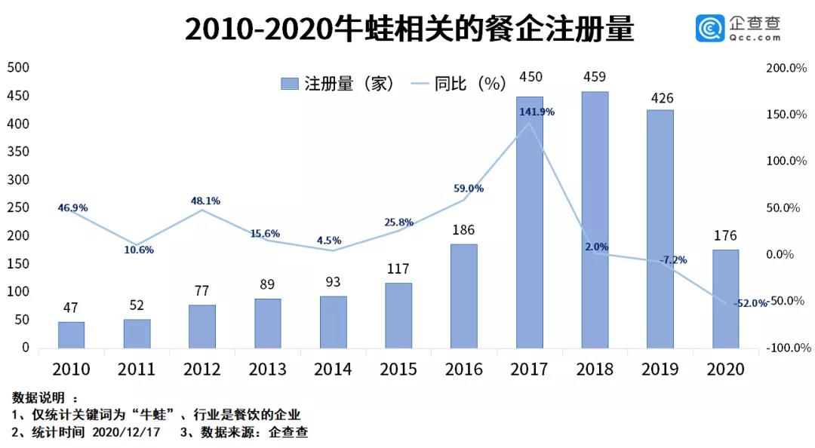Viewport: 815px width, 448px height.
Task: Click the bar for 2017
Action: pyautogui.click(x=529, y=222)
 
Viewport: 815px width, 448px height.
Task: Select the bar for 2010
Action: pyautogui.click(x=71, y=335)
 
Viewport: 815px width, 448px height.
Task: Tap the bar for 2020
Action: pyautogui.click(x=725, y=299)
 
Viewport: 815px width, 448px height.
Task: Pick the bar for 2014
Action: pyautogui.click(x=333, y=322)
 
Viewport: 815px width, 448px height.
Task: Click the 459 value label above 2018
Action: pyautogui.click(x=595, y=77)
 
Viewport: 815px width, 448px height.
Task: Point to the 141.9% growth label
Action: pyautogui.click(x=537, y=112)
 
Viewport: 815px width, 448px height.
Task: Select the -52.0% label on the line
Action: pyautogui.click(x=750, y=302)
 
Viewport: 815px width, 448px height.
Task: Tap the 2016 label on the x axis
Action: pyautogui.click(x=463, y=369)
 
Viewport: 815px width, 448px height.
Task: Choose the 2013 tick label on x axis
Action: pyautogui.click(x=267, y=369)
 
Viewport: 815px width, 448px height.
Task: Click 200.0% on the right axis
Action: pyautogui.click(x=786, y=68)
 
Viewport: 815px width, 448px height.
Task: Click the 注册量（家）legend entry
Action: pyautogui.click(x=337, y=83)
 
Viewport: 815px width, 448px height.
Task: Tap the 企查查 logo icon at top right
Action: pyautogui.click(x=710, y=29)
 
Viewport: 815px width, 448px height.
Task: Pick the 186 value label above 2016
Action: pyautogui.click(x=463, y=230)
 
